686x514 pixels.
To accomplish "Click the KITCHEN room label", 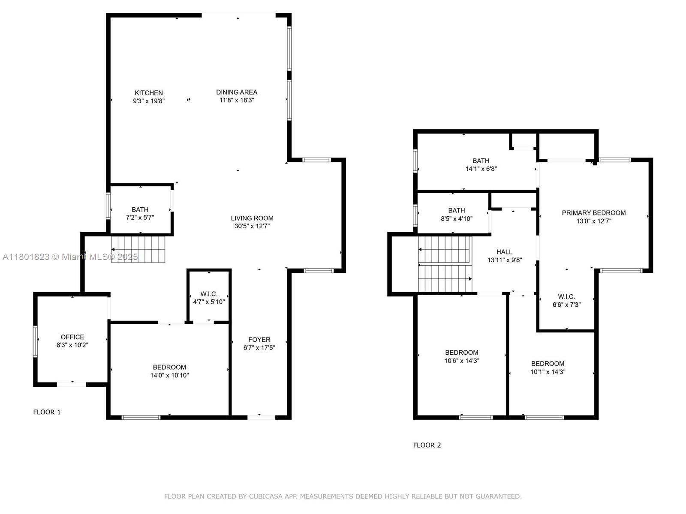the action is pos(148,93).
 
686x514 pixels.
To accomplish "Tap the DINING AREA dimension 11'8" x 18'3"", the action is pos(237,100).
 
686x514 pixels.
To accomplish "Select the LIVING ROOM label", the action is pos(252,218).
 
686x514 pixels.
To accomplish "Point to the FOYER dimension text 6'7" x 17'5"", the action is pos(259,348).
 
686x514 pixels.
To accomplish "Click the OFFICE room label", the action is pos(72,337).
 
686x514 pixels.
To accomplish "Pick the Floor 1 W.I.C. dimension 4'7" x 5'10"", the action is pos(209,302).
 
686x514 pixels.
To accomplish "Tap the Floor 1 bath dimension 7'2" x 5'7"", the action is pos(140,218).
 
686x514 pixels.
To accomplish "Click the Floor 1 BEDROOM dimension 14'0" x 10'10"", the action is pos(169,375).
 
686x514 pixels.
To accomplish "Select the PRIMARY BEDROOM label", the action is pos(593,213).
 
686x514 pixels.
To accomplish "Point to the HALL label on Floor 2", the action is pos(504,252).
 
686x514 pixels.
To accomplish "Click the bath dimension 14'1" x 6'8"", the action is pos(481,169).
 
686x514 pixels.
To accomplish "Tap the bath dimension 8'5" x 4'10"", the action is pos(456,219).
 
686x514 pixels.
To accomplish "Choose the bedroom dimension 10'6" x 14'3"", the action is pos(462,361).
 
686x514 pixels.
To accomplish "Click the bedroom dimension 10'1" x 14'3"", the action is pos(548,372).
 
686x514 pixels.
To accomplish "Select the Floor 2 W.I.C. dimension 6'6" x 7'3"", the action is pos(566,305).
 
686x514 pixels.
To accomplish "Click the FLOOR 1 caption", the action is pos(47,412).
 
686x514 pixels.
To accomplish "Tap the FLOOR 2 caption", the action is pos(427,445).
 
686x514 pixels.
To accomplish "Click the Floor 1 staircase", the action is pos(138,249).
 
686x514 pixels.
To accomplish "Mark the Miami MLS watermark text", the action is pos(70,257).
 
